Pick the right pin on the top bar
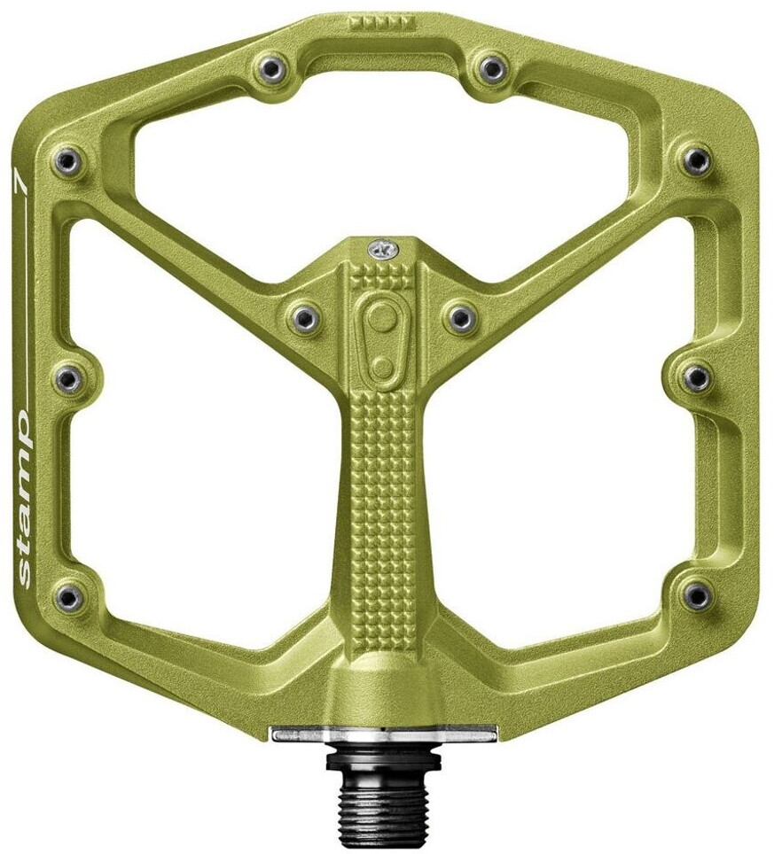[x=491, y=67]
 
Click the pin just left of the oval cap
[x=304, y=316]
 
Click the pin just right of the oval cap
[x=461, y=316]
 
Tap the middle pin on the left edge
[x=67, y=379]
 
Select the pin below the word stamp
[x=68, y=598]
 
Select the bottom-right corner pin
[x=697, y=596]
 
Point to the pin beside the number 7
[x=67, y=161]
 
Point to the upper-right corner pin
[x=697, y=160]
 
